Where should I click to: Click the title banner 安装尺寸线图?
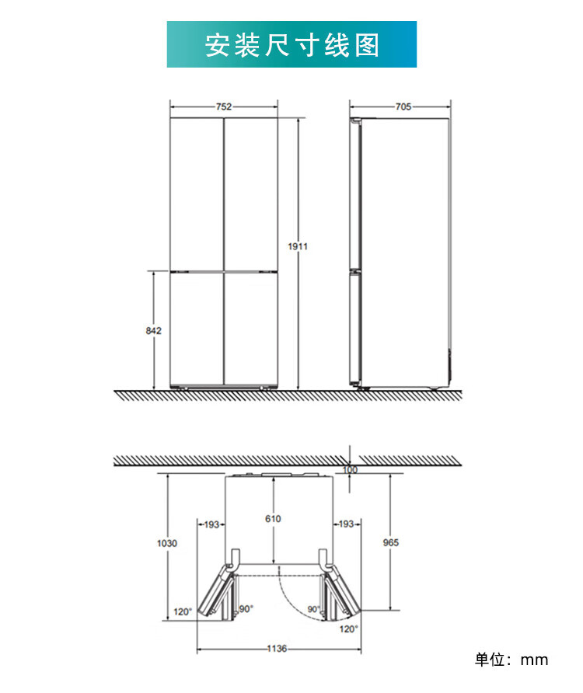pos(291,44)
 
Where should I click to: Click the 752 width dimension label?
pos(224,106)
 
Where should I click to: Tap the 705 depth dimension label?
pos(403,106)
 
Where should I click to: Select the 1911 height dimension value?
pos(298,246)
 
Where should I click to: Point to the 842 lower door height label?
pos(153,331)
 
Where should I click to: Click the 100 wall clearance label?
pos(350,470)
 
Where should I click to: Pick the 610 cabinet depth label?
pos(273,519)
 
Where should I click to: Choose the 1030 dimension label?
pos(167,543)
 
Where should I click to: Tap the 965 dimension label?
pos(390,542)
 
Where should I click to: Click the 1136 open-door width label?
pos(277,649)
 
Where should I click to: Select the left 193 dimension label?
pos(211,524)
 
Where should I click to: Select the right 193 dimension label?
pos(346,524)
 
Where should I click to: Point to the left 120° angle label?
pos(183,611)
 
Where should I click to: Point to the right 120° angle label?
pos(349,629)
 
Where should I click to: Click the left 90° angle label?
pos(246,609)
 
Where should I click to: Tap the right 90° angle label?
pos(313,609)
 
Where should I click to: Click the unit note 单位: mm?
pos(511,660)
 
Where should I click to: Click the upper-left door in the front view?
pos(197,194)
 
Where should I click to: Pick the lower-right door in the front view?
pos(251,329)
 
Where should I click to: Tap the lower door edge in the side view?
pos(356,329)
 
